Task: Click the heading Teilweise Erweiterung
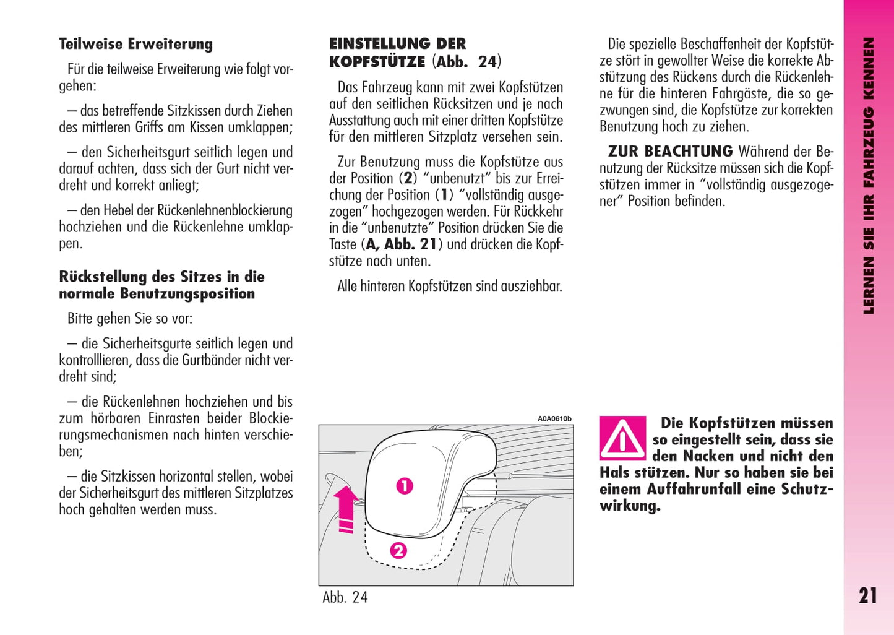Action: [x=135, y=44]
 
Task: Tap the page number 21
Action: [x=867, y=595]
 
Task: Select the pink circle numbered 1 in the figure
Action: [x=405, y=486]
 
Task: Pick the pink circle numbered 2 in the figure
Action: [x=398, y=550]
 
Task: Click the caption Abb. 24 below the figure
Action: [x=345, y=597]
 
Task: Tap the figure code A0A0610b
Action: [x=554, y=419]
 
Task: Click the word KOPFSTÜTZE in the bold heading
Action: [x=377, y=62]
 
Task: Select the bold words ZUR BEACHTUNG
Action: [x=670, y=152]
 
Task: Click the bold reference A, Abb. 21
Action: [x=402, y=244]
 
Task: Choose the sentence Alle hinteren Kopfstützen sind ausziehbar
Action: [x=450, y=286]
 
